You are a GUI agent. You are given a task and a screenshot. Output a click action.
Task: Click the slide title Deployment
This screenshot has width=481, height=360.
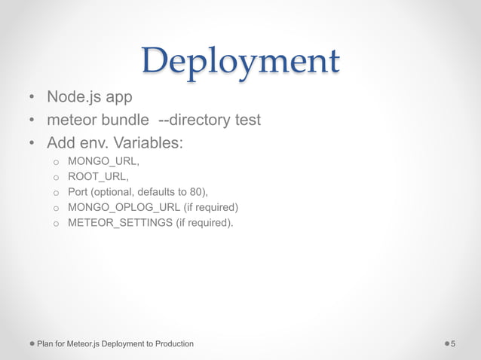pos(240,60)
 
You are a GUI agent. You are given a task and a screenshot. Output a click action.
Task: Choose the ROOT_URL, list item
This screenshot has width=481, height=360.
pos(97,176)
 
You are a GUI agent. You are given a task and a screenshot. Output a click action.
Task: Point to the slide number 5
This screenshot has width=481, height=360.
pos(453,343)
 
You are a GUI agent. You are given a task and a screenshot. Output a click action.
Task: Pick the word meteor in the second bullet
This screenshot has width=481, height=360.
pos(70,120)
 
